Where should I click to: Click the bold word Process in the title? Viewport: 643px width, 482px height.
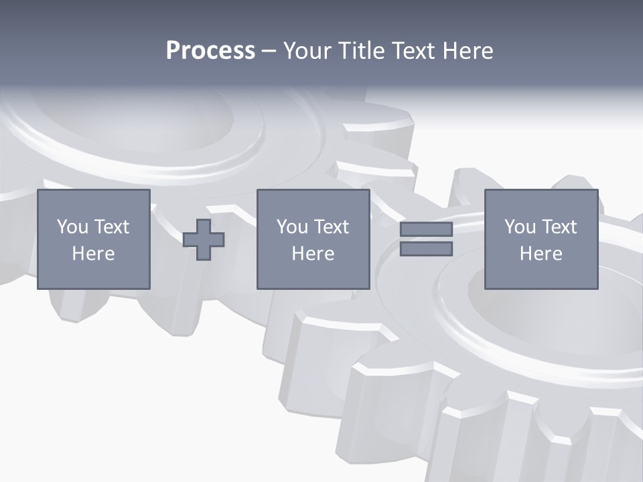click(210, 51)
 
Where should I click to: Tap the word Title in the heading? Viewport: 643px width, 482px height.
click(360, 51)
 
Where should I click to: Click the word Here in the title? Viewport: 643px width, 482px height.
click(468, 51)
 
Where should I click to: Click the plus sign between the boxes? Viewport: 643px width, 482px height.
click(204, 240)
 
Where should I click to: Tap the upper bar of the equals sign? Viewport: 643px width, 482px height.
click(426, 230)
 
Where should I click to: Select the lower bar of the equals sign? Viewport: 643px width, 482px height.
click(426, 249)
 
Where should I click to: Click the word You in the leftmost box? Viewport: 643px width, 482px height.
click(72, 227)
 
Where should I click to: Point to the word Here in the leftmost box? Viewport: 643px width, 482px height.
click(93, 254)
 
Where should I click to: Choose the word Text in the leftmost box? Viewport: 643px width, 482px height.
click(111, 227)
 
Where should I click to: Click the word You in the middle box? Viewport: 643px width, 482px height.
click(292, 227)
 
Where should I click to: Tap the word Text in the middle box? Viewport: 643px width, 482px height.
click(331, 227)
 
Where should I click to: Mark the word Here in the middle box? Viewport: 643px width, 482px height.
click(313, 254)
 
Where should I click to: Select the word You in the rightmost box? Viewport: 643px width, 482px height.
click(520, 227)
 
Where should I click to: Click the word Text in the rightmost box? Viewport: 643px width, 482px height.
click(559, 227)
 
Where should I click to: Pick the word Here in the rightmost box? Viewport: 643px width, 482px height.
click(541, 254)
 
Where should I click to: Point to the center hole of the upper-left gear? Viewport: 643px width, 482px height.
click(134, 114)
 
